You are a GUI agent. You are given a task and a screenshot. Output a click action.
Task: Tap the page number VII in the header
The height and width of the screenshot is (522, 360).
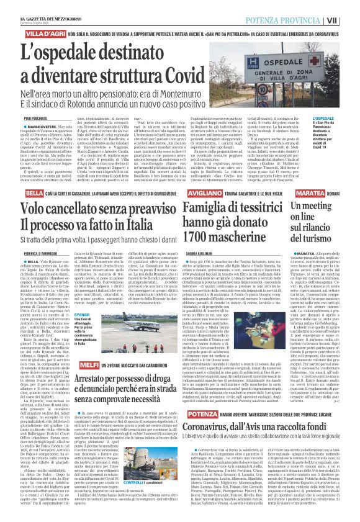(350, 6)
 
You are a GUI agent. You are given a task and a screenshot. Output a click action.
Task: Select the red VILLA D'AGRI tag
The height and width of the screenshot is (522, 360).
(23, 29)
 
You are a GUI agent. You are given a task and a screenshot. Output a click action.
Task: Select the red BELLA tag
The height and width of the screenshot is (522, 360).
(13, 176)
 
